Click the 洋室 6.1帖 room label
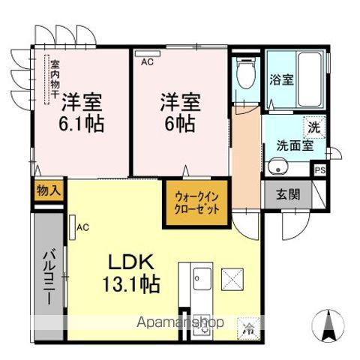point(82,110)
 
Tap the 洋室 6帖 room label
point(178,110)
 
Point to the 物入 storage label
point(48,191)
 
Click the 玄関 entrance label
point(287,194)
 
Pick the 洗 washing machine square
point(314,127)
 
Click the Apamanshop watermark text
point(179,323)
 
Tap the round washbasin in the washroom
point(277,167)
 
